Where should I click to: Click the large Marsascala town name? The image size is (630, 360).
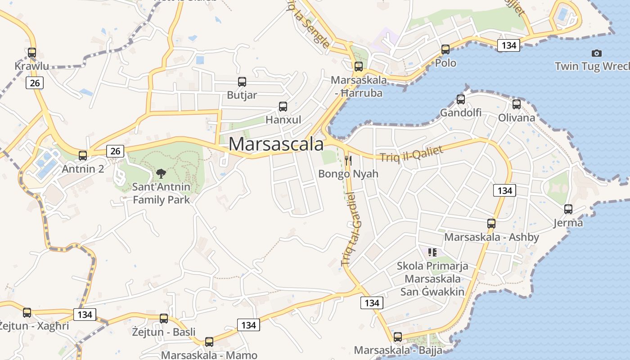click(x=276, y=144)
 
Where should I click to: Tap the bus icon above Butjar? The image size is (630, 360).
click(x=242, y=82)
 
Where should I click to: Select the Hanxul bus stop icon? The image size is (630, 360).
click(x=283, y=107)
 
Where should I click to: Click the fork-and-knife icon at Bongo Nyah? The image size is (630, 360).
click(x=348, y=160)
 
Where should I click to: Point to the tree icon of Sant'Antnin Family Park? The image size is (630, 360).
click(x=161, y=173)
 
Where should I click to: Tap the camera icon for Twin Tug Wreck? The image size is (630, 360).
click(x=597, y=53)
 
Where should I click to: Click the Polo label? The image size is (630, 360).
click(x=445, y=63)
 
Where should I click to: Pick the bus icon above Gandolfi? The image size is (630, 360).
click(x=461, y=99)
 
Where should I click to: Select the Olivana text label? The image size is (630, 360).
click(x=517, y=118)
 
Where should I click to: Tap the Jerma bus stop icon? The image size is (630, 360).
click(x=568, y=209)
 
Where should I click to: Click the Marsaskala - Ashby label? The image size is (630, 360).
click(x=491, y=237)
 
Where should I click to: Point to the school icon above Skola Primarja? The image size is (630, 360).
click(x=432, y=252)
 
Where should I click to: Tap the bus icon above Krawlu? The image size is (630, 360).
click(x=31, y=53)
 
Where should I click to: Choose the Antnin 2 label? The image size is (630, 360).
click(x=83, y=169)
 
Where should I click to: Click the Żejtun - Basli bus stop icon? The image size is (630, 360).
click(x=164, y=319)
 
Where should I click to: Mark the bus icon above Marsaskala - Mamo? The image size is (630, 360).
click(x=209, y=342)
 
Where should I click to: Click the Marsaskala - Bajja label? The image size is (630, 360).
click(x=398, y=350)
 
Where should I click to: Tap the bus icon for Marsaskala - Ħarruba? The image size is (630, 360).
click(x=359, y=67)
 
